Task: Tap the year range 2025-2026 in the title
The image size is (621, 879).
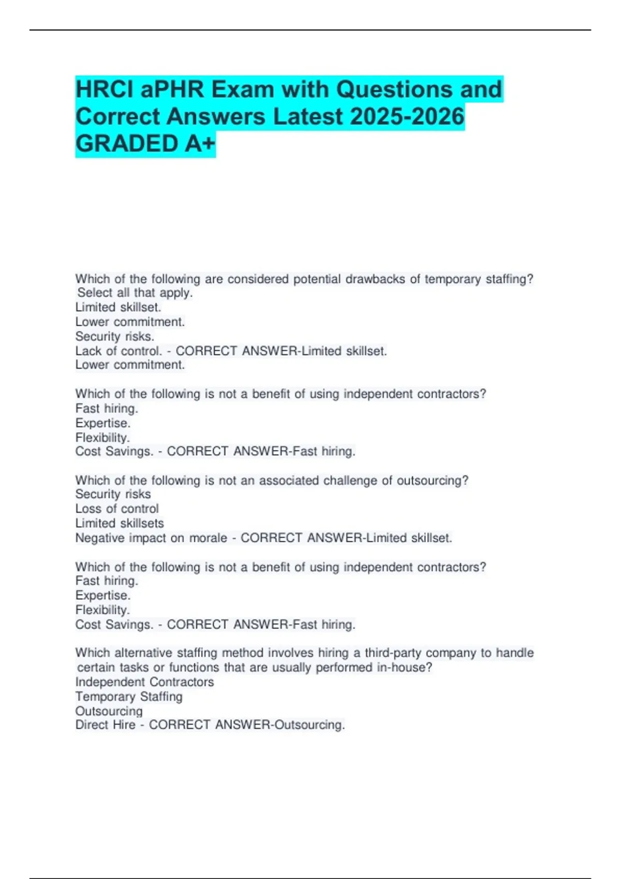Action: (407, 116)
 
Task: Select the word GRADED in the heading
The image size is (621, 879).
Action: (127, 144)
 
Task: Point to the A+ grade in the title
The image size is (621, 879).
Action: (199, 144)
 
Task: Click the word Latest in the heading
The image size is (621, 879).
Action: (308, 116)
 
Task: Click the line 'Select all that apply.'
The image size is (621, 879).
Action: (135, 293)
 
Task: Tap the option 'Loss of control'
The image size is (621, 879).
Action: (117, 509)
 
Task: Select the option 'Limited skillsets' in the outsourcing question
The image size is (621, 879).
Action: (120, 523)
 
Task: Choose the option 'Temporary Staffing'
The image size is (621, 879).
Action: (129, 697)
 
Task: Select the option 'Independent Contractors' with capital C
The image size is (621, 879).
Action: (144, 682)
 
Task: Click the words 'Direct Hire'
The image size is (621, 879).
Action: (105, 725)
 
